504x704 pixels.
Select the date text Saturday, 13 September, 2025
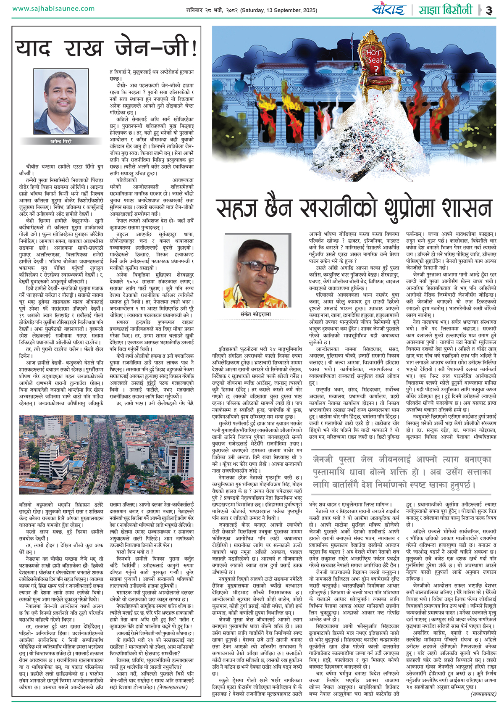[x=284, y=10]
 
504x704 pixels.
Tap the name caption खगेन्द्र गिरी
[x=61, y=142]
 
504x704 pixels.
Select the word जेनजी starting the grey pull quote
[x=323, y=459]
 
